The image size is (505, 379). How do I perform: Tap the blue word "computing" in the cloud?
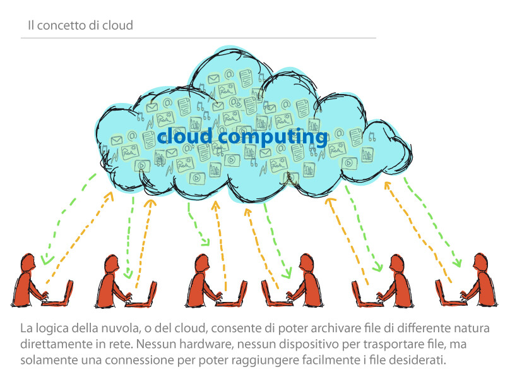pyautogui.click(x=273, y=137)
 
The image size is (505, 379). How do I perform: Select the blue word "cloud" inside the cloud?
pyautogui.click(x=184, y=136)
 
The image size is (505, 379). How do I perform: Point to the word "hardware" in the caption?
pyautogui.click(x=206, y=344)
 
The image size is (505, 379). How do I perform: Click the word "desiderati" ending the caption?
pyautogui.click(x=417, y=359)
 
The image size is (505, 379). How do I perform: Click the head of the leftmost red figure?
pyautogui.click(x=28, y=263)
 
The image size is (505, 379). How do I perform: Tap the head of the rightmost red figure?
pyautogui.click(x=480, y=263)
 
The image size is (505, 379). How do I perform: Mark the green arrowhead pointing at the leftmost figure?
pyautogui.click(x=47, y=260)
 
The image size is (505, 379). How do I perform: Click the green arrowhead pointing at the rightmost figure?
pyautogui.click(x=457, y=263)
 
